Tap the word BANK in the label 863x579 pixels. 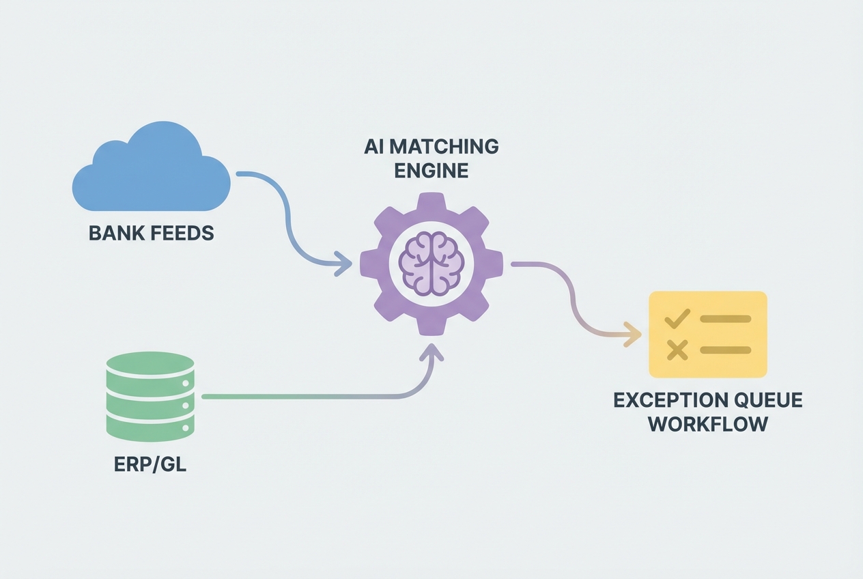pos(114,234)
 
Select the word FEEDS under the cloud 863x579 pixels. pos(178,234)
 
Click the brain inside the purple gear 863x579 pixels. pos(431,263)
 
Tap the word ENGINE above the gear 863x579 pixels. pos(431,169)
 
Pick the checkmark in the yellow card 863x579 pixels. pos(677,319)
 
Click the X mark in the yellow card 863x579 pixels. pos(677,350)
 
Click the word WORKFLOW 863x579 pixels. pos(708,424)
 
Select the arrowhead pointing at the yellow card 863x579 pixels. pos(635,335)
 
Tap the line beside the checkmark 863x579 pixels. pos(725,319)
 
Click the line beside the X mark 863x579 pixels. pos(725,350)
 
